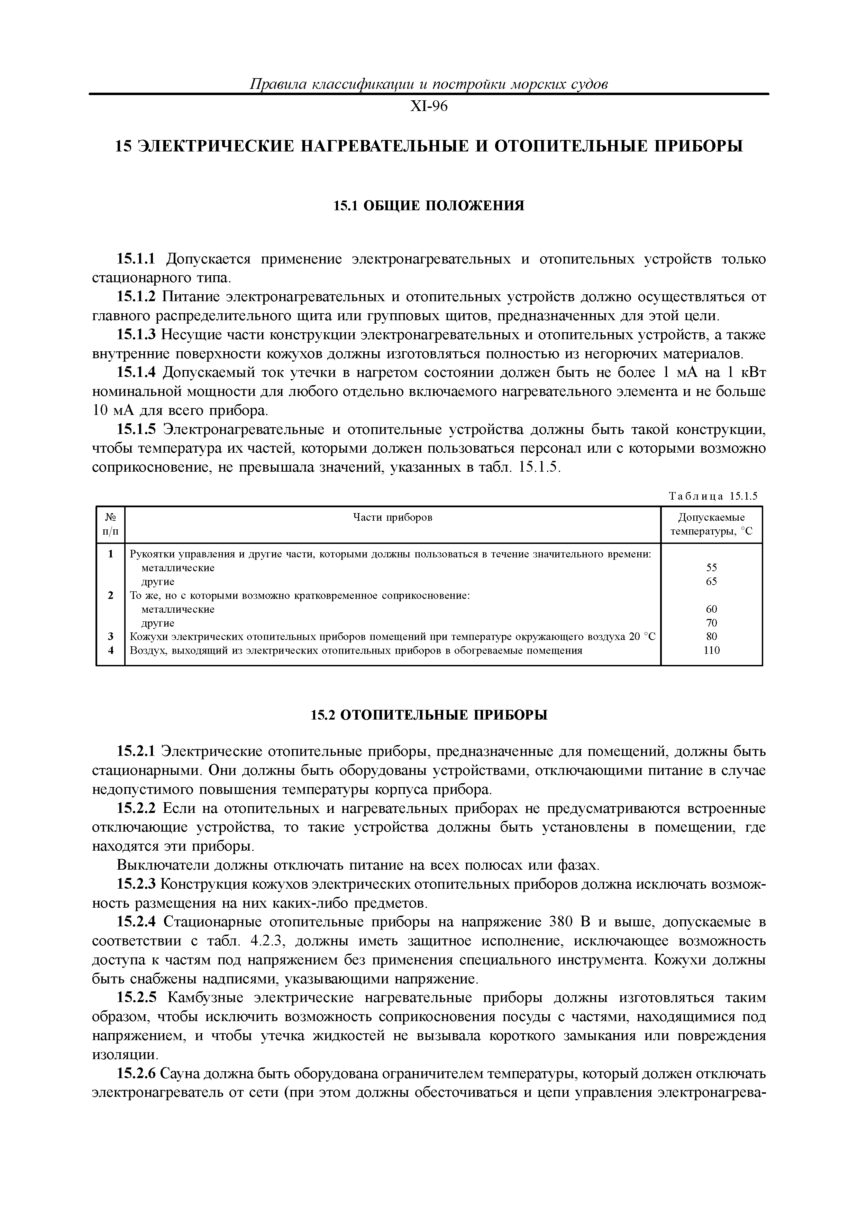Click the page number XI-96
429,107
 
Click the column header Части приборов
392,518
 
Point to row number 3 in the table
110,637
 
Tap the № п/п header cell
110,524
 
